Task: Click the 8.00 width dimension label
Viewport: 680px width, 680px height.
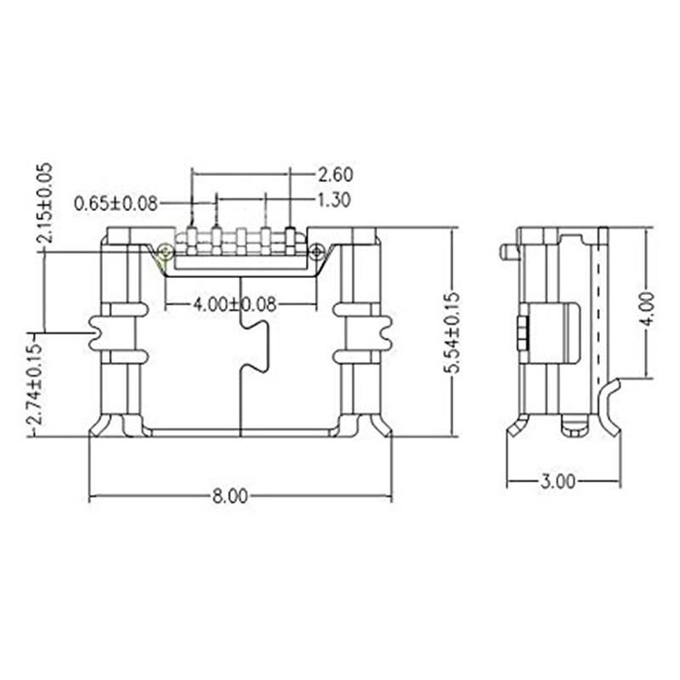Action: coord(229,496)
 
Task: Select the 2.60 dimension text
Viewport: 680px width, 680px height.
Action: coord(336,174)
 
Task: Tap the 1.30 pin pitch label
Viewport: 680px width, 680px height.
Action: coord(333,201)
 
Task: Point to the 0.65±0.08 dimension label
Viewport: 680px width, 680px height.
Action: coord(116,203)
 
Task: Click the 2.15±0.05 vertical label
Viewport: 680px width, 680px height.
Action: coord(45,202)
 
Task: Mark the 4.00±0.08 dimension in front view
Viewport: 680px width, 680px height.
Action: coord(235,304)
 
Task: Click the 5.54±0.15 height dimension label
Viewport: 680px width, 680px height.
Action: coord(453,333)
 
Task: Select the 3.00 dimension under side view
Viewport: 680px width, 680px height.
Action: coord(558,482)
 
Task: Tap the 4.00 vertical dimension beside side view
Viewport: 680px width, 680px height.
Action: coord(649,309)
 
